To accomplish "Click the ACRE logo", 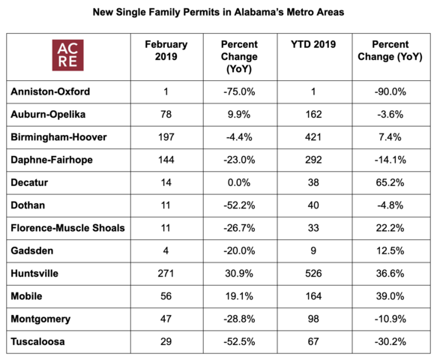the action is click(67, 55).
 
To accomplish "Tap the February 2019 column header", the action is click(166, 50).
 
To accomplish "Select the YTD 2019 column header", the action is click(313, 44).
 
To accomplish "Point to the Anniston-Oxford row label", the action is click(50, 91).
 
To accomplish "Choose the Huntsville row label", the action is click(34, 274).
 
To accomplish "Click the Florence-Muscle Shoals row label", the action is click(67, 228).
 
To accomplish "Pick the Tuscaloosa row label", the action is click(37, 341).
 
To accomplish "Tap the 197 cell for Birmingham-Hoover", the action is click(166, 137).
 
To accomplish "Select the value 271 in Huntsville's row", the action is click(166, 274).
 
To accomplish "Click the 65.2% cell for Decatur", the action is click(390, 183).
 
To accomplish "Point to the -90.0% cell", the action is click(391, 91).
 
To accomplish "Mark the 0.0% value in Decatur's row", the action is click(239, 183).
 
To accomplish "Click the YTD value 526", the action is click(313, 274).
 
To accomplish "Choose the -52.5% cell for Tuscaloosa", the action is click(239, 341).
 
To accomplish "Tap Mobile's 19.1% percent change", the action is click(239, 296).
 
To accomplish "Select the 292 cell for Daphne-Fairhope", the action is click(313, 160).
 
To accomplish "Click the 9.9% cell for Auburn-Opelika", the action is click(239, 114).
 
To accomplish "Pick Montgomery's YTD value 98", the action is click(313, 319).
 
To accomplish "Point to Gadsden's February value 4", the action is click(166, 250).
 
